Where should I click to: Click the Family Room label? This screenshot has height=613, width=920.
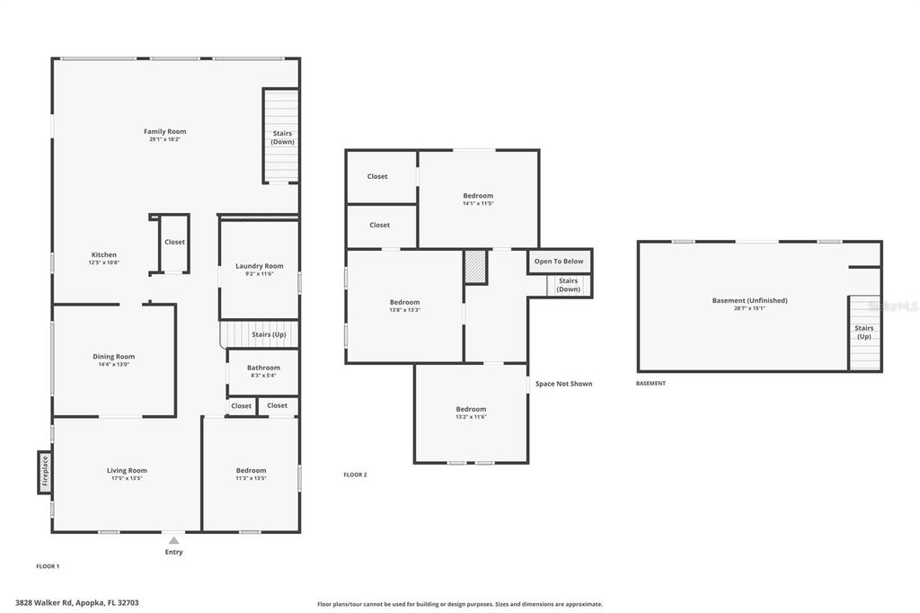point(165,132)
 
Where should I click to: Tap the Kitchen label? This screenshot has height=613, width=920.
point(103,255)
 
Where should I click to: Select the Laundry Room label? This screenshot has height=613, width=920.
point(259,266)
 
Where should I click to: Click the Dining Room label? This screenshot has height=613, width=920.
point(113,357)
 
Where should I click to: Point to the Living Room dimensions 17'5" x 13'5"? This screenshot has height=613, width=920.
point(127,478)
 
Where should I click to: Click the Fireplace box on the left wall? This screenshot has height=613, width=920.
point(44,471)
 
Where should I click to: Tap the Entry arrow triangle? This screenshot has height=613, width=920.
point(173,540)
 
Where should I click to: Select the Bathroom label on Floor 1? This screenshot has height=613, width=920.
point(263,368)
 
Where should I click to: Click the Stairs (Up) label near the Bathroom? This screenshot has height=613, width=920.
point(270,334)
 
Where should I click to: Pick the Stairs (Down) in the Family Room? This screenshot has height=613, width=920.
point(282,138)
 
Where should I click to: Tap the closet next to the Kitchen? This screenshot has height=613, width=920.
point(174,243)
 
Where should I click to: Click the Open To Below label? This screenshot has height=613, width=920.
point(559,262)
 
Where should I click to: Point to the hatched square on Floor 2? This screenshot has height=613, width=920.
point(475,267)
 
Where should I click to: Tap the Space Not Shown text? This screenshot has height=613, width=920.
point(563,384)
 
